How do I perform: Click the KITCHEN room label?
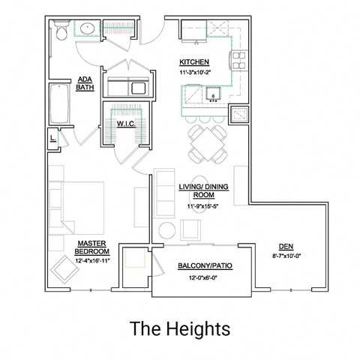coord(193,61)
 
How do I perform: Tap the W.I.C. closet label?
coord(125,123)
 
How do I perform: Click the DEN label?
coord(285,245)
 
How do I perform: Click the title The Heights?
coord(179,328)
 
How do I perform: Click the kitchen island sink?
coord(211,94)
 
